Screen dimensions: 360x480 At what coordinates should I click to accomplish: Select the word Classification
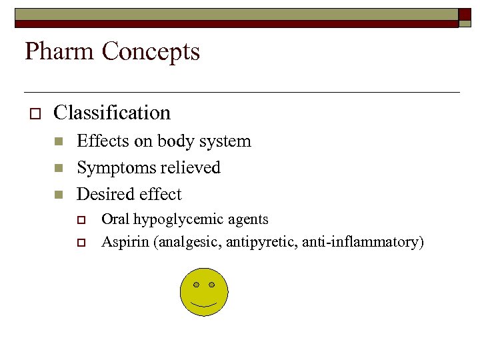pyautogui.click(x=112, y=113)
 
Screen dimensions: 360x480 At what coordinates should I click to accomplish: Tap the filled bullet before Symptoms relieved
pyautogui.click(x=59, y=168)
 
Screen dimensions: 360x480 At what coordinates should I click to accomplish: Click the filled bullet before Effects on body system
pyautogui.click(x=59, y=141)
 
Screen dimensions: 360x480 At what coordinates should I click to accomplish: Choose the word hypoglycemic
pyautogui.click(x=185, y=219)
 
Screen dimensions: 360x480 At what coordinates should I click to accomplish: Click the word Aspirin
pyautogui.click(x=125, y=241)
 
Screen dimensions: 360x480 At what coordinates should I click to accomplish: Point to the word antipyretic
pyautogui.click(x=258, y=241)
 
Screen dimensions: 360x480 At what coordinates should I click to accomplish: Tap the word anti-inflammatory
pyautogui.click(x=360, y=241)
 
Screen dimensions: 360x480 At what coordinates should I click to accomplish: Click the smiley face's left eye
pyautogui.click(x=196, y=285)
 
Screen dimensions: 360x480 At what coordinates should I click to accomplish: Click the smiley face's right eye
pyautogui.click(x=212, y=285)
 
